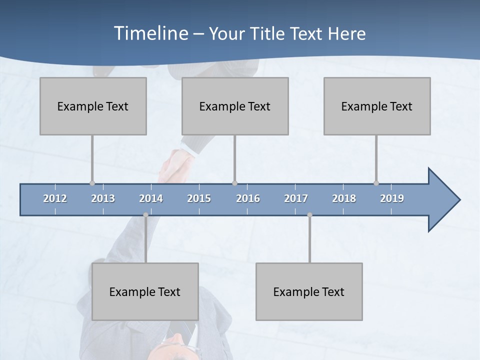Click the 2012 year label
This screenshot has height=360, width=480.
click(55, 198)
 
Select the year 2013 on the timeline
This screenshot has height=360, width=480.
click(103, 198)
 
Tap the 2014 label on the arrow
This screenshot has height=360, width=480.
click(151, 198)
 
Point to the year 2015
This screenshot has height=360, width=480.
click(199, 198)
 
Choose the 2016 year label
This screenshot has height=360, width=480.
click(248, 198)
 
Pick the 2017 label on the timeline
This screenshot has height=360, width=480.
click(296, 198)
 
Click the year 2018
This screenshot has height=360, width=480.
click(344, 198)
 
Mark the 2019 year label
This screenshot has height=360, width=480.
click(392, 198)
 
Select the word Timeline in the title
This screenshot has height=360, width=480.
click(150, 33)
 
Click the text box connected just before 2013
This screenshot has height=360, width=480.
click(93, 106)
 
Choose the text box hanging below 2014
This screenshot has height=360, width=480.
click(145, 291)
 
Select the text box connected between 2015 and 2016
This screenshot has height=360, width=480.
click(235, 106)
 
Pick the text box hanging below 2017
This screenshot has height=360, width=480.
click(309, 291)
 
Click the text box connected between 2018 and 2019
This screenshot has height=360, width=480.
click(377, 106)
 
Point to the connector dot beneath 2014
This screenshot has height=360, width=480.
click(145, 215)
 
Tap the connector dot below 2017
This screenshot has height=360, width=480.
click(309, 215)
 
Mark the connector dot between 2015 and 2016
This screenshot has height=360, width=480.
click(234, 183)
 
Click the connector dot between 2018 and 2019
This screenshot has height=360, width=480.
click(376, 183)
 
